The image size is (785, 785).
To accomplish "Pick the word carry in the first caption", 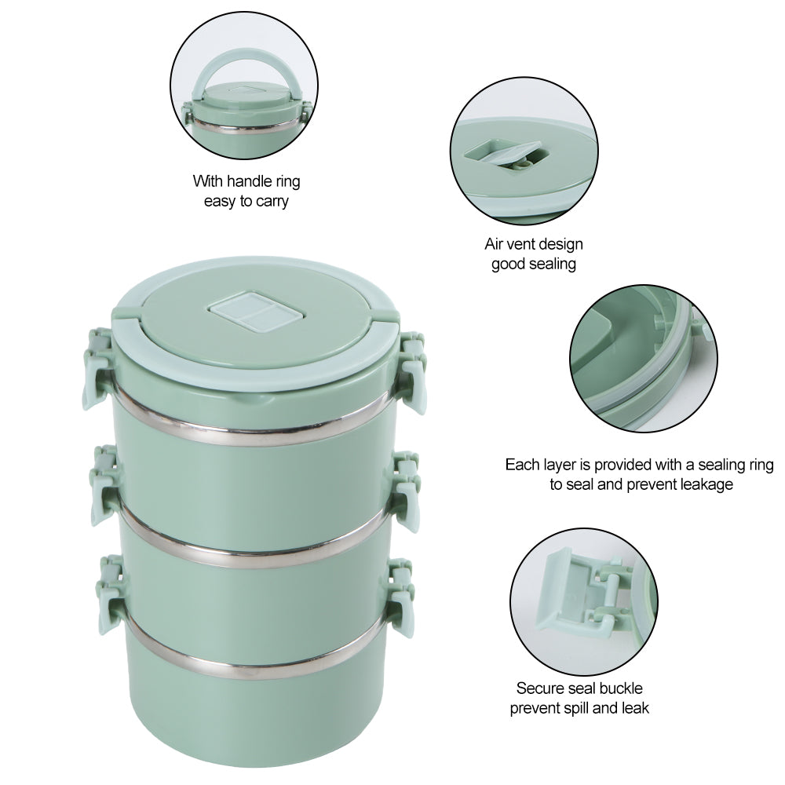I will [271, 201].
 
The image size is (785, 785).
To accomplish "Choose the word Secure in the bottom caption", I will [539, 688].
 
